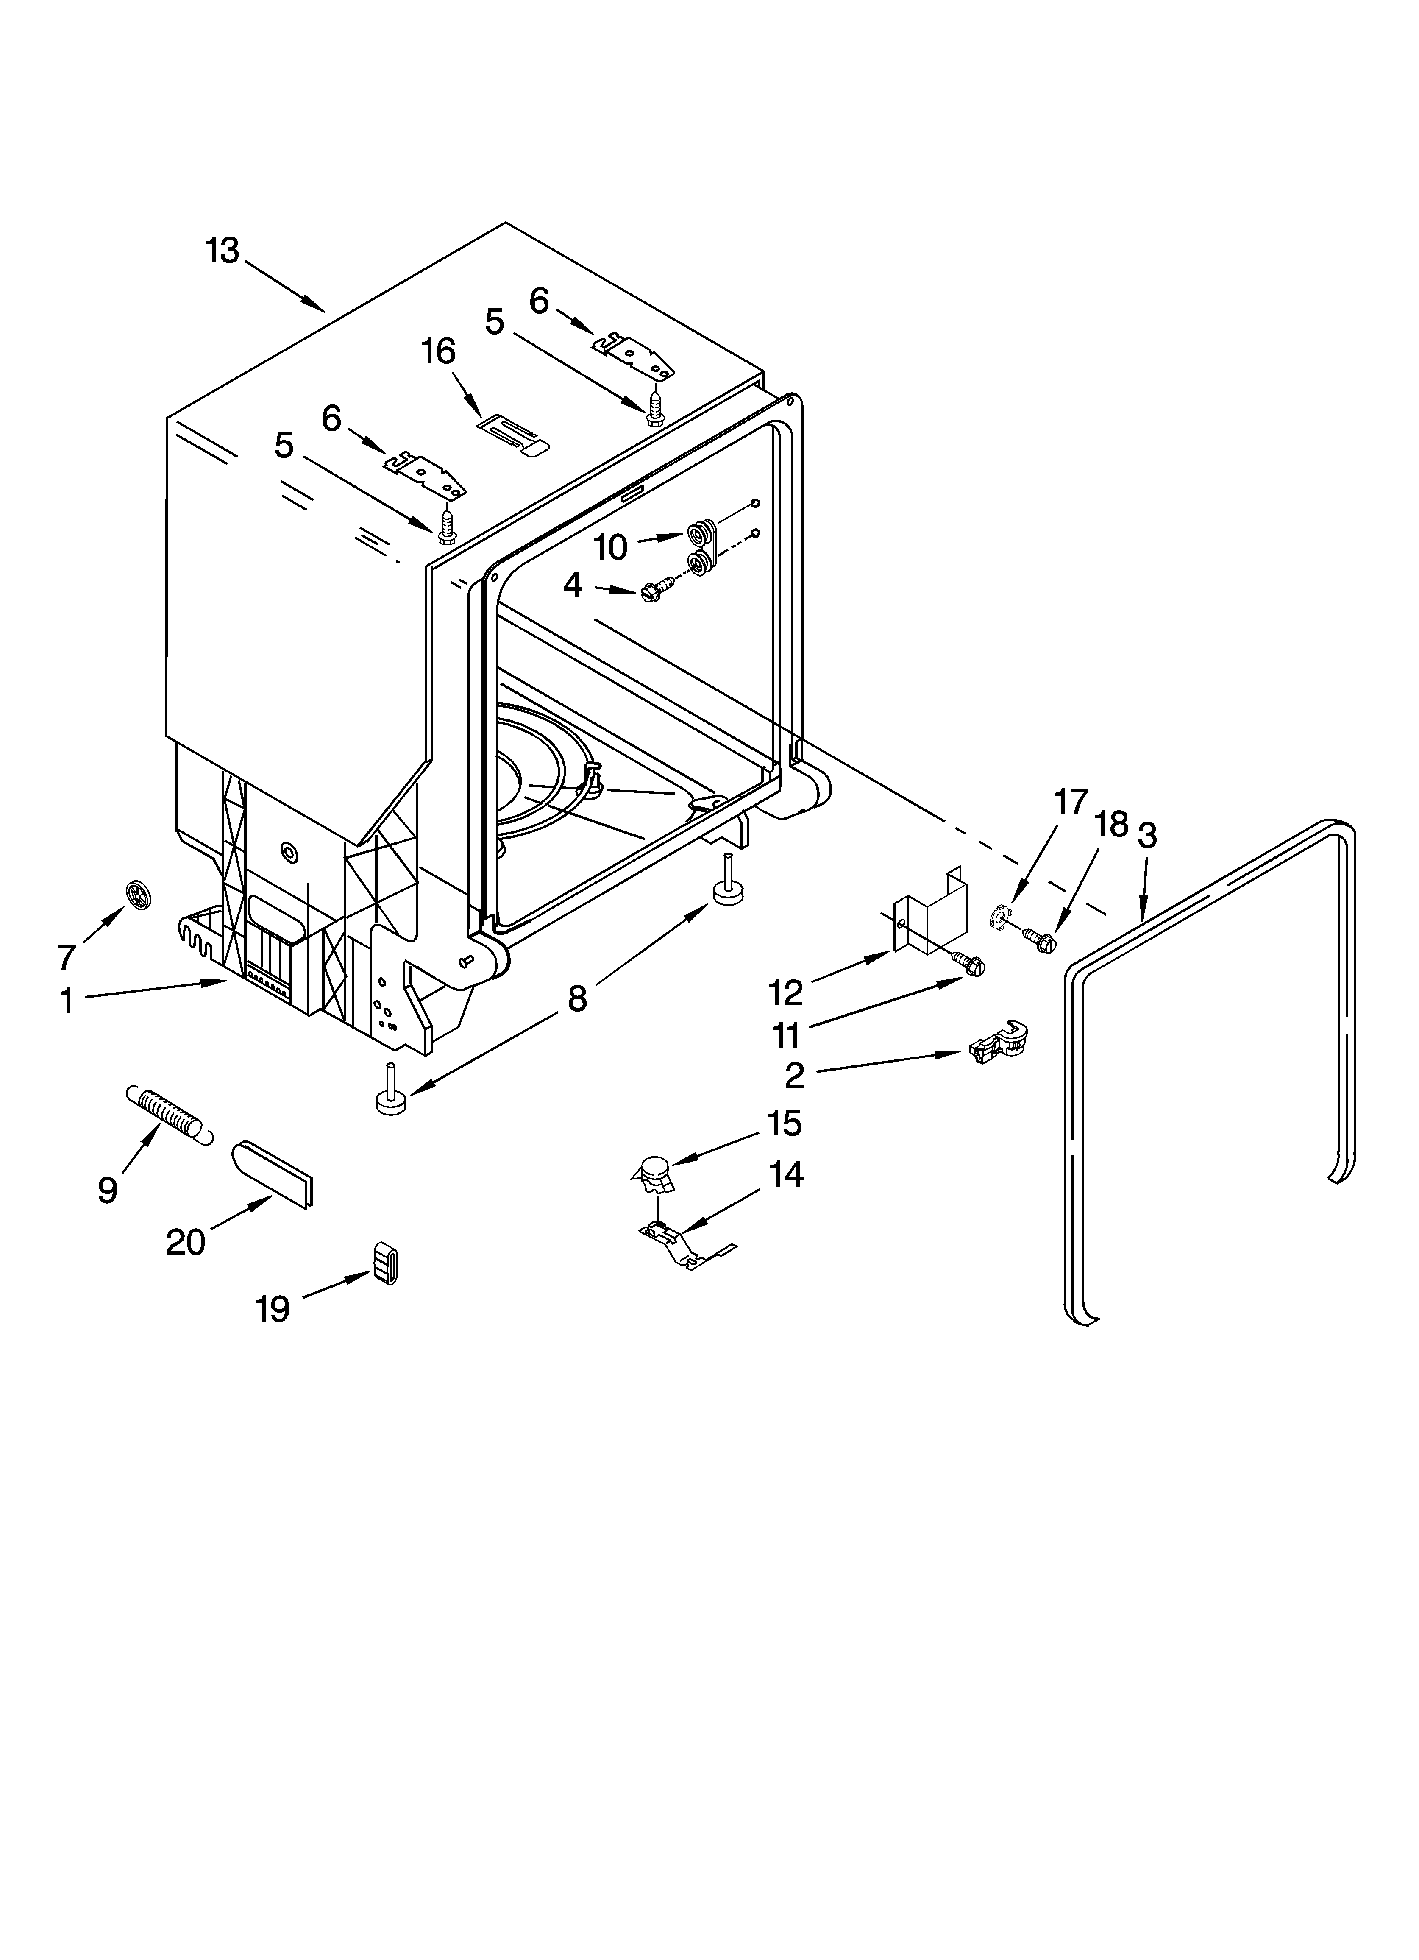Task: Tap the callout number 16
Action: (x=438, y=352)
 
